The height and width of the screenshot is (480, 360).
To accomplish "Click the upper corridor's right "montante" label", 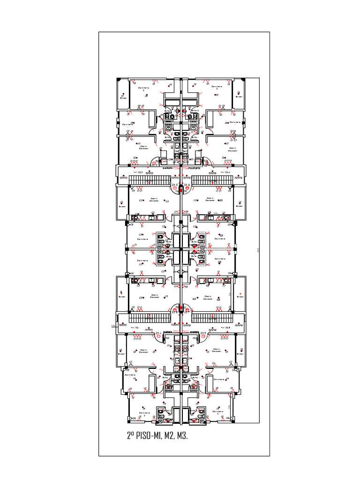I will (x=194, y=167).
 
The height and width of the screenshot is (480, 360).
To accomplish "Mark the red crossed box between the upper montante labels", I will (x=181, y=167).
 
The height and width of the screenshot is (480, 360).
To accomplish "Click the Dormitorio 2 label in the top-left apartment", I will (x=144, y=88).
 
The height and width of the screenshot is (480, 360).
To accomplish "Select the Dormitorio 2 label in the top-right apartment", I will (x=217, y=87).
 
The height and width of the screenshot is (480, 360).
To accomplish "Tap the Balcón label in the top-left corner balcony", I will (x=123, y=98).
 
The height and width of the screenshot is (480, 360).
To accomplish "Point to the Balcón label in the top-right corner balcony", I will (x=239, y=98).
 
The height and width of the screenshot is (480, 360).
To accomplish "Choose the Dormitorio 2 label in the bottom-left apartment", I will (x=144, y=414).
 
